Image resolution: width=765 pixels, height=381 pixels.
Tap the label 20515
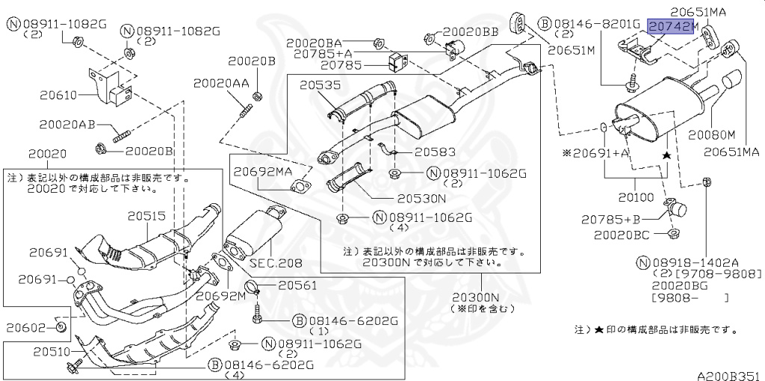coord(146,216)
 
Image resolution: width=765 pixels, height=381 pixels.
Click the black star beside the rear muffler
coord(666,155)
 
